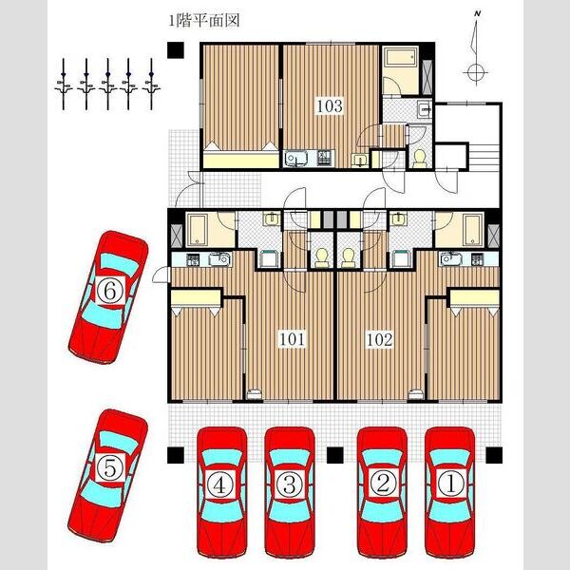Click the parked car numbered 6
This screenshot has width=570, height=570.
point(108,296)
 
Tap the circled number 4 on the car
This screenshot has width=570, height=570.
point(220,486)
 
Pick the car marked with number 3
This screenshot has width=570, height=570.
point(290,492)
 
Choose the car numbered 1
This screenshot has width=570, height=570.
point(450,492)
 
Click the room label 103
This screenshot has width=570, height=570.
point(330,106)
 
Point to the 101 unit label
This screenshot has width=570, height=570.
point(293,339)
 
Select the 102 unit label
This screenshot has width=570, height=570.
point(379,339)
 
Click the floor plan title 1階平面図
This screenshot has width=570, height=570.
point(204,20)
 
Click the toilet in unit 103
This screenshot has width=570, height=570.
point(420,159)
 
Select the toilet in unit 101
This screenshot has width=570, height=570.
point(321,257)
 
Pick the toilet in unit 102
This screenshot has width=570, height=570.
point(349,257)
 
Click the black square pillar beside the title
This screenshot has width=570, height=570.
point(175,50)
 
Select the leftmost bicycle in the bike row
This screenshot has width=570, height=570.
point(64,84)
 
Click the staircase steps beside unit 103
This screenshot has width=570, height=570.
point(484,157)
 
